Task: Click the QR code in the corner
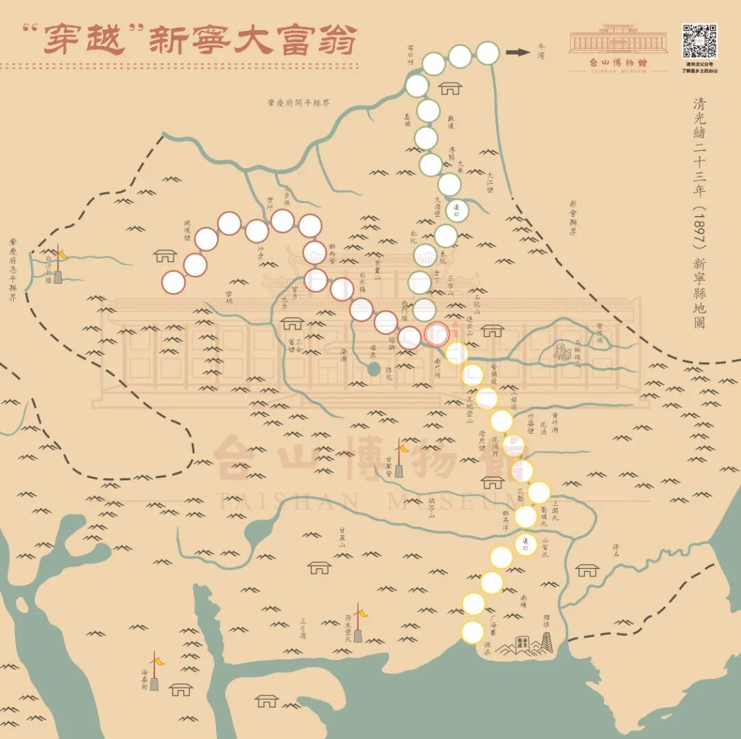[x=699, y=42]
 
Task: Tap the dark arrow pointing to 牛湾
[x=518, y=52]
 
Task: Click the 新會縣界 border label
[x=572, y=218]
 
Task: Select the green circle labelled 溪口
[x=456, y=211]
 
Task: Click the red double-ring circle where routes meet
[x=436, y=334]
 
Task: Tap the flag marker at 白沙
[x=59, y=264]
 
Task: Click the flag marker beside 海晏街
[x=155, y=670]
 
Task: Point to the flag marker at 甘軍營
[x=399, y=458]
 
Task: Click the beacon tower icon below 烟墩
[x=546, y=644]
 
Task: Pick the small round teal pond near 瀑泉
[x=373, y=369]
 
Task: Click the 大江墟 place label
[x=491, y=181]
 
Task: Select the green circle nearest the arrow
[x=487, y=53]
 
